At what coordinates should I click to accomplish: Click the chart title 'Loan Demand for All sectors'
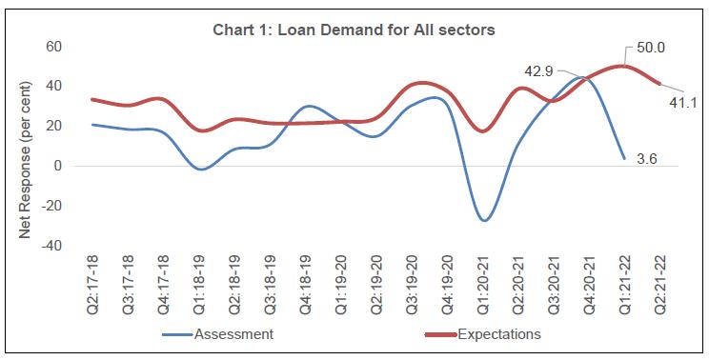354,30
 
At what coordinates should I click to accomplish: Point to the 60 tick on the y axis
54,47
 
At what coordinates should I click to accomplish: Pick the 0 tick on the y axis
58,166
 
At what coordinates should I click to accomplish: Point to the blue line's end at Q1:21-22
622,158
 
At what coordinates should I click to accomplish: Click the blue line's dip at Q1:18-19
200,169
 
